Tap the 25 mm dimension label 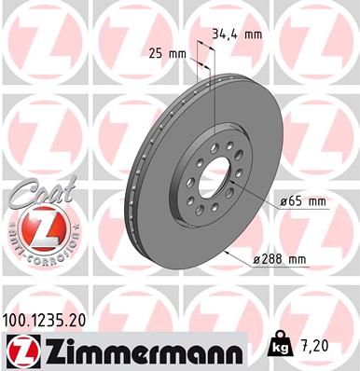point(168,53)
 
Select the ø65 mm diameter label point(302,201)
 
